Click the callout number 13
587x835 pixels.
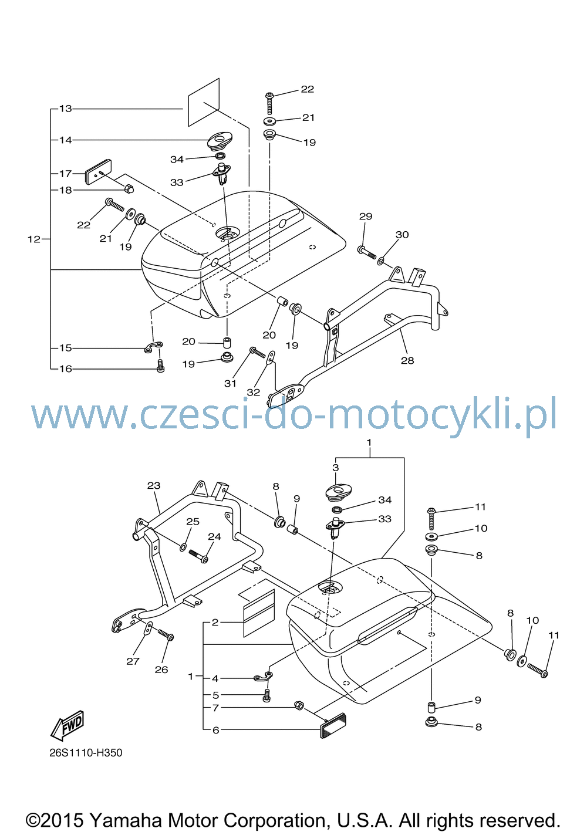click(66, 109)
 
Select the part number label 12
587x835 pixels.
click(34, 239)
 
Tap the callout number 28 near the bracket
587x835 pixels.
click(407, 360)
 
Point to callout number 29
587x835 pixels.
click(366, 216)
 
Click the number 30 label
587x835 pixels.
click(402, 235)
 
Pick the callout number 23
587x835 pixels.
click(154, 485)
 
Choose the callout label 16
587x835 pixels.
click(66, 369)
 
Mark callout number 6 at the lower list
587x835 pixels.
click(215, 730)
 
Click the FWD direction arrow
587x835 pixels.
click(68, 725)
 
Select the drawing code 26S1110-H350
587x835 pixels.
click(86, 753)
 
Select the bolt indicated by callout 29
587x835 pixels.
click(367, 252)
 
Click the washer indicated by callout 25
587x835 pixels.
click(184, 547)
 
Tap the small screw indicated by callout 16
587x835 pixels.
click(160, 366)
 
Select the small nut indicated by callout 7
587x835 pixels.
click(299, 705)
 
